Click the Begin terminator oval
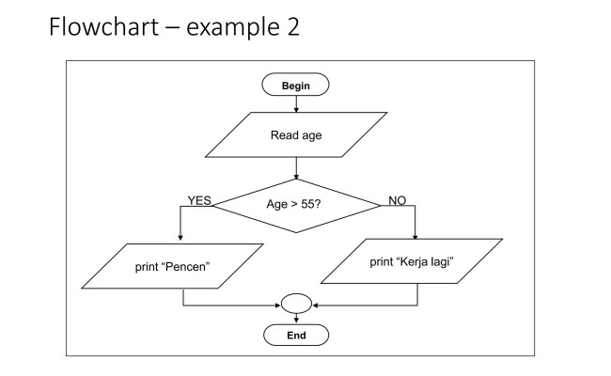coord(295,85)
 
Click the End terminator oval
coord(295,334)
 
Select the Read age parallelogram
coord(296,134)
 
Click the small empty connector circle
coord(295,305)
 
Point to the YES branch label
coord(199,200)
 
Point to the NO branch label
coord(397,200)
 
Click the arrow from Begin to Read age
coord(295,103)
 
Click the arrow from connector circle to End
coord(295,319)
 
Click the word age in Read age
coord(311,135)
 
